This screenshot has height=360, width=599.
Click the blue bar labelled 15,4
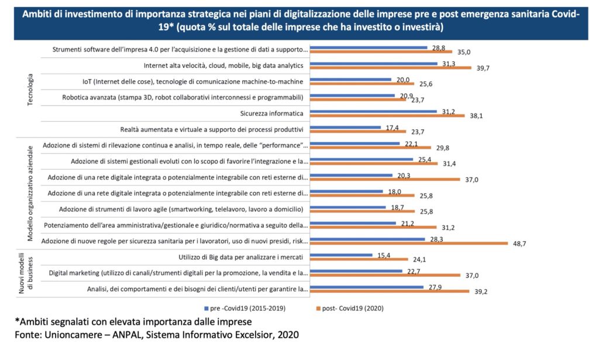pyautogui.click(x=340, y=255)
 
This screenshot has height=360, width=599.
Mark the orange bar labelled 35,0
pyautogui.click(x=381, y=52)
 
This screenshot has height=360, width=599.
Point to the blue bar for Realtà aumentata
pyautogui.click(x=345, y=126)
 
